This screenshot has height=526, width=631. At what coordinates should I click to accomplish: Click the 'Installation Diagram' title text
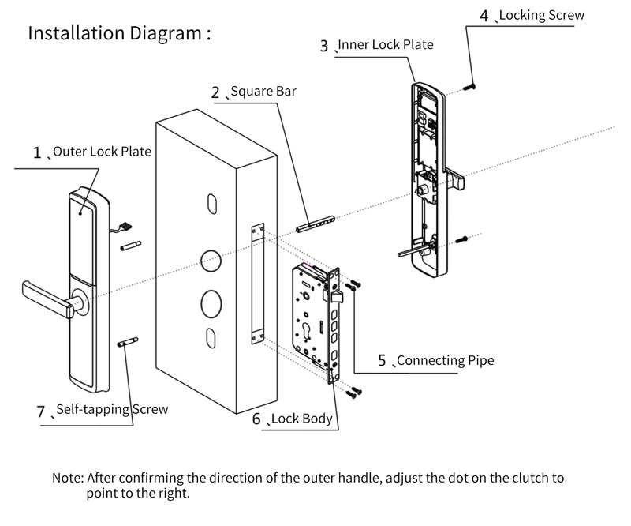(119, 34)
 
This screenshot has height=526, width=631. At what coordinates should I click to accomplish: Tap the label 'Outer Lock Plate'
(102, 151)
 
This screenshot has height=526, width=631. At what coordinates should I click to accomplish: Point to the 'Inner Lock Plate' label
(386, 44)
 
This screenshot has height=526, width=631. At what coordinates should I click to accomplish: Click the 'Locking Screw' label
(542, 14)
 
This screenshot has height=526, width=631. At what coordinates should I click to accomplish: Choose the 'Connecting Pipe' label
(445, 360)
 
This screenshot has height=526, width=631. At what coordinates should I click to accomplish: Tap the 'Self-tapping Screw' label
(112, 410)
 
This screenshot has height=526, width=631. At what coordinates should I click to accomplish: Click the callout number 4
(484, 15)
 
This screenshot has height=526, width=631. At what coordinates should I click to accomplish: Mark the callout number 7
(41, 411)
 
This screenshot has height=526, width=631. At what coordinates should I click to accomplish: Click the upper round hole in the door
(210, 260)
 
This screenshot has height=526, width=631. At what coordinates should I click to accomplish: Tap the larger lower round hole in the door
(212, 302)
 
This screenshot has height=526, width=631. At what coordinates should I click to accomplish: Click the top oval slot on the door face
(211, 202)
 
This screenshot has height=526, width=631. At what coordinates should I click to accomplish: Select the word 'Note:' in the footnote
(68, 478)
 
